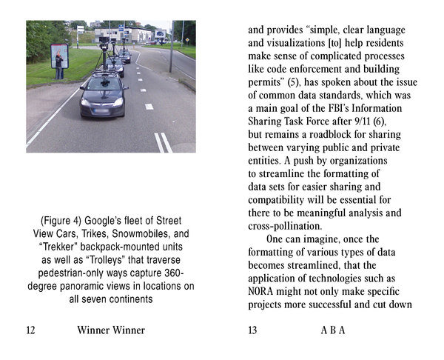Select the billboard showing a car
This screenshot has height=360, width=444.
coord(160,33)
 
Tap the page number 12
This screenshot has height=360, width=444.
coord(30,330)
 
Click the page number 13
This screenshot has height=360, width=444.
coord(252,330)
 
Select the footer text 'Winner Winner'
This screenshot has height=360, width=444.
coord(111,330)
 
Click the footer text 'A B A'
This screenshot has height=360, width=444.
coord(332,330)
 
